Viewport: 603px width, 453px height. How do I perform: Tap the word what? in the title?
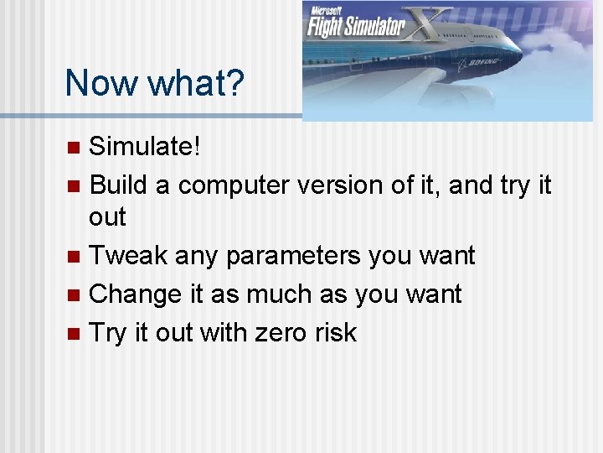tap(193, 83)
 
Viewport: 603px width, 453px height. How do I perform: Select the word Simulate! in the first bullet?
tap(145, 147)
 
